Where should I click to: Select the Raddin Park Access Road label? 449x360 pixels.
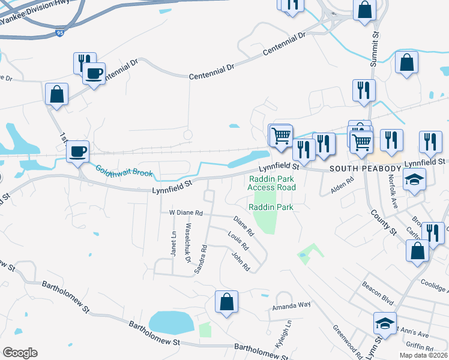coord(271,182)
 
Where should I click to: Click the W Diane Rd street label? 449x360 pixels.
coord(186,212)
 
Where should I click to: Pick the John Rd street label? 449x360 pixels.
coord(241,262)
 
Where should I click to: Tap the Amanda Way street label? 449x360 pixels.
coord(291,305)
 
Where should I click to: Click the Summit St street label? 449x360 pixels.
coord(375,44)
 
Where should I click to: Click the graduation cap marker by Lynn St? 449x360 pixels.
coord(385,323)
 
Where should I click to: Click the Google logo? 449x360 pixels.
coord(20,353)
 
